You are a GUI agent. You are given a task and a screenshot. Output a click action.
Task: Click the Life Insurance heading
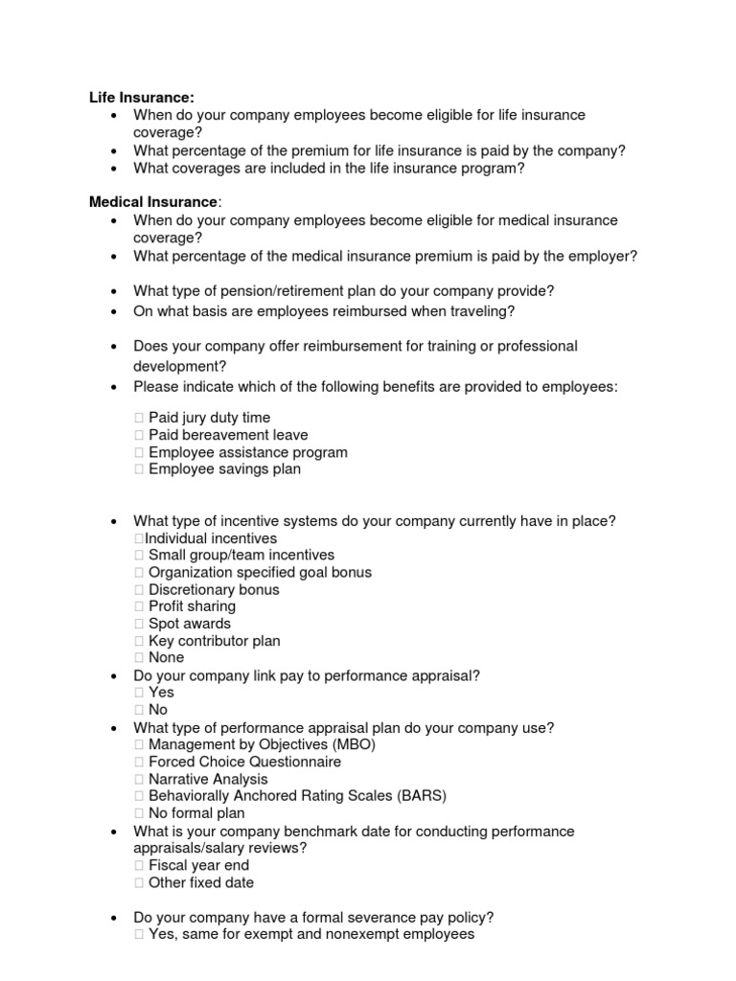[142, 97]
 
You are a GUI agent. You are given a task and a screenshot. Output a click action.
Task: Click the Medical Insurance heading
[153, 202]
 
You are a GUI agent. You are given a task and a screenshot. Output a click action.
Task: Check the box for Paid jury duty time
[139, 418]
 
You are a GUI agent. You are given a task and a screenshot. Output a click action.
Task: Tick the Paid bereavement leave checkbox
[139, 435]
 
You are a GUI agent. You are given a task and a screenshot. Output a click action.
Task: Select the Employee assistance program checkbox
[139, 452]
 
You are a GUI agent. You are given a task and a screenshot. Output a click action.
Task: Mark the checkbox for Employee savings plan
[139, 469]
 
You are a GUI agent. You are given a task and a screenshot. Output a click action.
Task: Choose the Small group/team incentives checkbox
[139, 556]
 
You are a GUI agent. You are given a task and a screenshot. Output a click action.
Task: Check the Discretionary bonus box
[139, 590]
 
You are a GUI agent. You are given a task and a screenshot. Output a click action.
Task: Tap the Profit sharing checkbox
[139, 606]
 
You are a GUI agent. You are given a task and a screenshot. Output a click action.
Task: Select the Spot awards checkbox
[139, 624]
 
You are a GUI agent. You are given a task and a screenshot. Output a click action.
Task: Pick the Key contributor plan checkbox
[139, 641]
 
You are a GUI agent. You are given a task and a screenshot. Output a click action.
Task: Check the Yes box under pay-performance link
[139, 693]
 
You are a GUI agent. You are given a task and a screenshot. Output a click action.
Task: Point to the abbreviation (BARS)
[420, 796]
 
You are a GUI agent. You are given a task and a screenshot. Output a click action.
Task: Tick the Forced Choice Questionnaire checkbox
[139, 763]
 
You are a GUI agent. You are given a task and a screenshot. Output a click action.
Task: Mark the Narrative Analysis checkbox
[139, 780]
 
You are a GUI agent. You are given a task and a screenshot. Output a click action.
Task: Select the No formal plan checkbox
[139, 813]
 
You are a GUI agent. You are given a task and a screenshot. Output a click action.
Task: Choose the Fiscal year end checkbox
[139, 866]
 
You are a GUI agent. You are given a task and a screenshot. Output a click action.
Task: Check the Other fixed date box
[139, 883]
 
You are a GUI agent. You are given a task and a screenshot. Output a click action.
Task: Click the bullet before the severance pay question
[114, 918]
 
